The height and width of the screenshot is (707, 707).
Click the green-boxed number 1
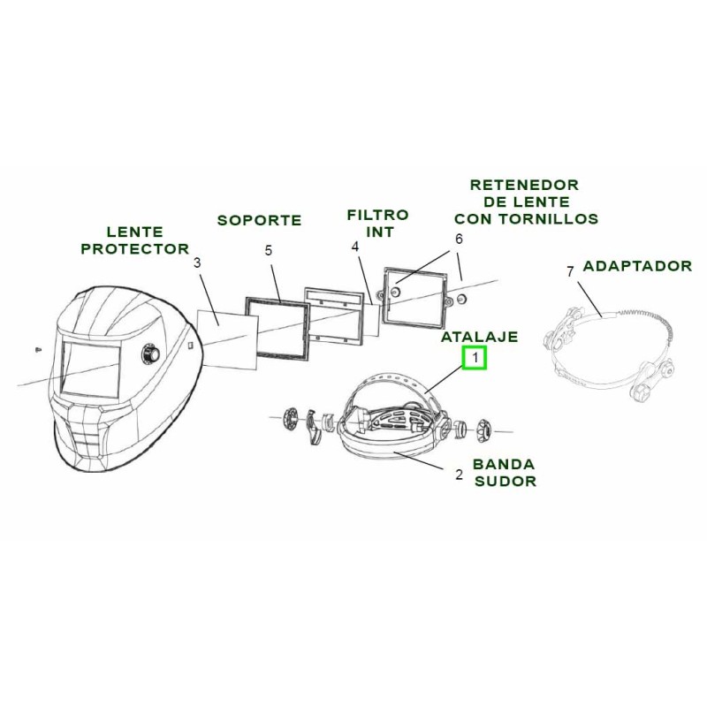click(475, 358)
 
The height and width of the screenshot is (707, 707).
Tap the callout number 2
click(459, 475)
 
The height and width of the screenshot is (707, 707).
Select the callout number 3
click(197, 262)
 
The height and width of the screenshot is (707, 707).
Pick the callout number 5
click(269, 250)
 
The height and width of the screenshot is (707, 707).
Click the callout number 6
click(459, 239)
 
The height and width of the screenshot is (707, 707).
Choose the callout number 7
click(570, 270)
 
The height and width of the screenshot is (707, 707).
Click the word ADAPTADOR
click(637, 265)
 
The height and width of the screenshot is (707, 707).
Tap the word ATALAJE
click(480, 337)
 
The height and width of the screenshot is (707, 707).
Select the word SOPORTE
click(260, 220)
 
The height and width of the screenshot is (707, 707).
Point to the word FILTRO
click(377, 215)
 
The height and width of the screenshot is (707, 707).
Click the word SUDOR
click(505, 482)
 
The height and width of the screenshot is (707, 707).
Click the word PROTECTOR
click(134, 248)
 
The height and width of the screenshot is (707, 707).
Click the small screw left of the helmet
click(35, 350)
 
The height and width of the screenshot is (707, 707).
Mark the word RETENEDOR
click(524, 185)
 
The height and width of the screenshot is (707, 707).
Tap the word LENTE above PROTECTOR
click(134, 232)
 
